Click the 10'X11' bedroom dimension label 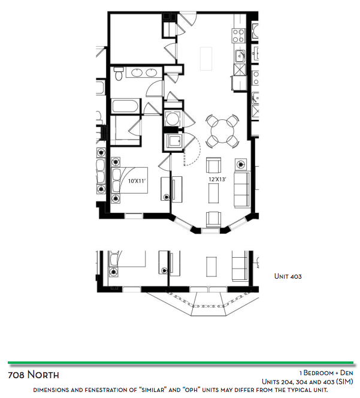click(137, 181)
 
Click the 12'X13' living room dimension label click(217, 179)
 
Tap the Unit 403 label click(288, 276)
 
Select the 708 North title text click(34, 375)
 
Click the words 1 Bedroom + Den click(326, 373)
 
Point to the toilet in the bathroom click(118, 73)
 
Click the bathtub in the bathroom click(125, 106)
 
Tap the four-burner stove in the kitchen click(238, 35)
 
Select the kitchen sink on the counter click(240, 56)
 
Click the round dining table click(222, 131)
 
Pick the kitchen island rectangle click(206, 59)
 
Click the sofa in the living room click(242, 189)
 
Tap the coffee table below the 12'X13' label click(213, 193)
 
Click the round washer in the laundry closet click(173, 119)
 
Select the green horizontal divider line click(180, 363)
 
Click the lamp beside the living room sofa click(241, 164)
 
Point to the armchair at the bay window click(213, 219)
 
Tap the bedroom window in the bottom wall click(134, 216)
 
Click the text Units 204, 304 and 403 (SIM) click(307, 381)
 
